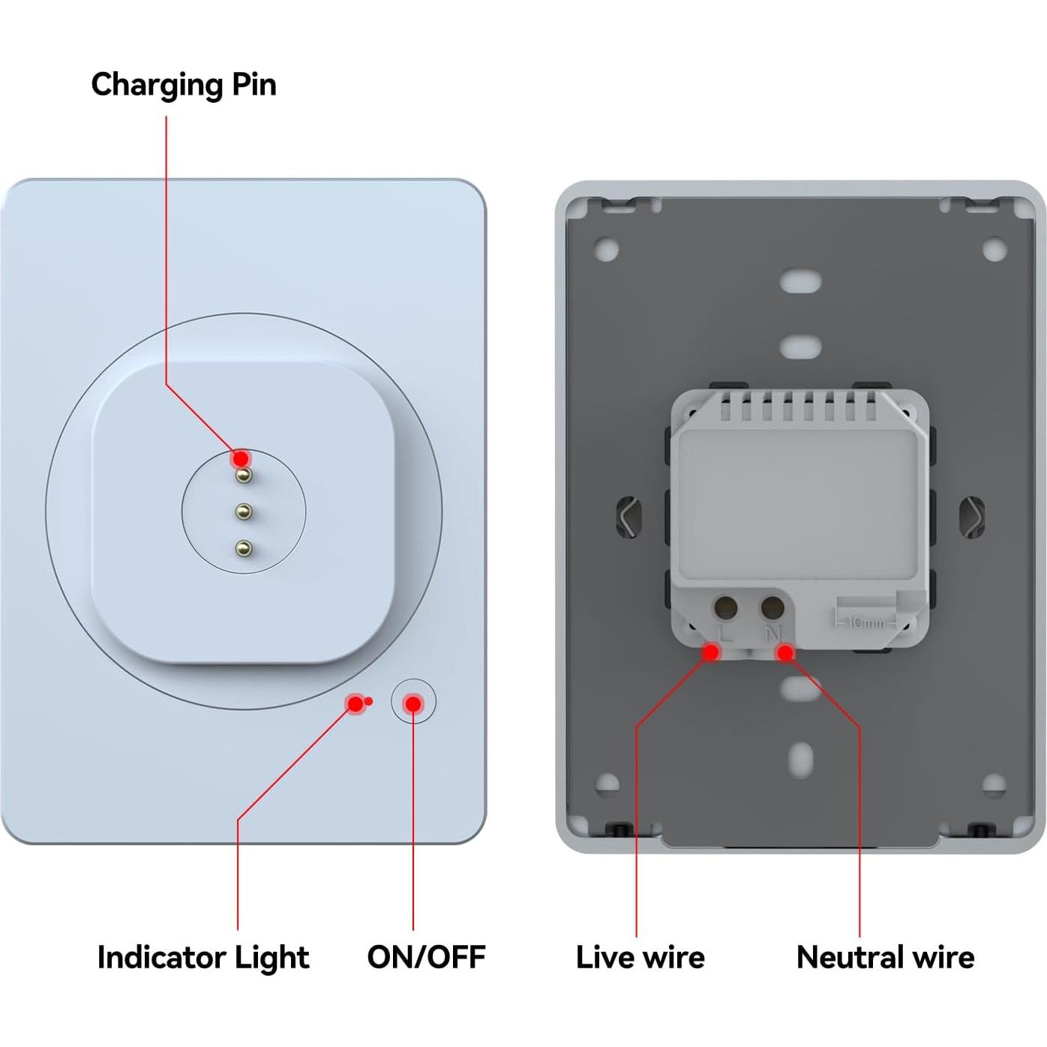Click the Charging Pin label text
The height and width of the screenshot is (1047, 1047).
184,85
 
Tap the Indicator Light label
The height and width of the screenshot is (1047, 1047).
202,957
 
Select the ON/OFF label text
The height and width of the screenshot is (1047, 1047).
426,957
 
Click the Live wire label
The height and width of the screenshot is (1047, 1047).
640,957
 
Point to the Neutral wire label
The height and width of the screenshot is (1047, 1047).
885,957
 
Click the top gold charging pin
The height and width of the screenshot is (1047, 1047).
243,475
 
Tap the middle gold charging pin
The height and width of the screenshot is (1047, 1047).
243,512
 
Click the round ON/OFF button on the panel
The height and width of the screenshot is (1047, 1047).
413,703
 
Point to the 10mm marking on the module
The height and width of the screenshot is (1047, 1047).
866,622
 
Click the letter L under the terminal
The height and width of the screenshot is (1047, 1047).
725,634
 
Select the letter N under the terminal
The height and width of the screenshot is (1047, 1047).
772,634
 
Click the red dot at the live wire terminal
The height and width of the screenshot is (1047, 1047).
710,652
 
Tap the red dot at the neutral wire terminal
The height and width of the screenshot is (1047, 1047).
785,653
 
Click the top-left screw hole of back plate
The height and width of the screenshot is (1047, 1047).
606,250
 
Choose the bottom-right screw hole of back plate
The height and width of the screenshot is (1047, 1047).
994,784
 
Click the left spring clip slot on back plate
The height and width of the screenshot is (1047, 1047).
628,516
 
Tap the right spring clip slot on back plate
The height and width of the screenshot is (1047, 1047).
973,517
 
